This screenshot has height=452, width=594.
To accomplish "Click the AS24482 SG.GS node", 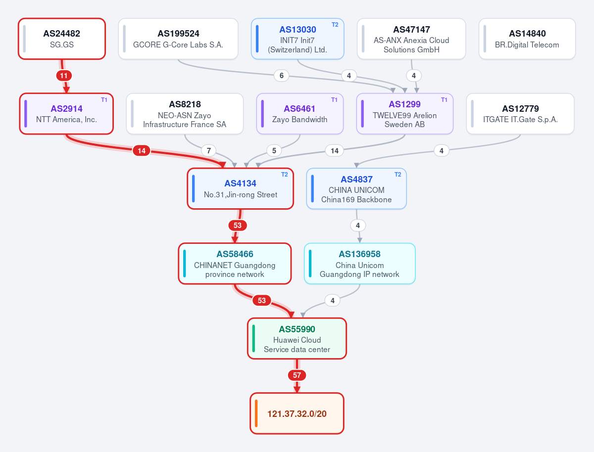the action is [x=62, y=39].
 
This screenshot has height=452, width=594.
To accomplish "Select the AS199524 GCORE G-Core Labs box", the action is [x=178, y=39].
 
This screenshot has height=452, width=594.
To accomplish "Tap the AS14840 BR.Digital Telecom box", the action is [x=527, y=39].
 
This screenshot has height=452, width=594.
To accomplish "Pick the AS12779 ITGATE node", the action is [x=520, y=114].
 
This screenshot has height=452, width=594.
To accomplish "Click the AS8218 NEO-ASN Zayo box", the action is [x=185, y=114].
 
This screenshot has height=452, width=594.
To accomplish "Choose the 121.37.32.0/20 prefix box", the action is [x=297, y=413].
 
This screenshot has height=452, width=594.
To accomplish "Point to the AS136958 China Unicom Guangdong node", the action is [x=359, y=264].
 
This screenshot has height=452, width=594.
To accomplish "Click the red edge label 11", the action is [x=64, y=76].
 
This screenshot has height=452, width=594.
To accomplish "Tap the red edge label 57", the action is [x=297, y=375].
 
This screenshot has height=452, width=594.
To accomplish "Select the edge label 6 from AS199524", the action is [x=282, y=76].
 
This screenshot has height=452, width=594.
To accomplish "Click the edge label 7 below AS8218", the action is [x=209, y=150].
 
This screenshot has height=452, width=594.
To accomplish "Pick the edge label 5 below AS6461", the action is [x=274, y=150].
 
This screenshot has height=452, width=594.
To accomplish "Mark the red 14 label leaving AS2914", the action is [x=142, y=150].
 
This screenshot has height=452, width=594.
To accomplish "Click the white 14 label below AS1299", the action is [x=335, y=150].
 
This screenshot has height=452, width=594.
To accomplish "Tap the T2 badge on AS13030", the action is [x=335, y=25].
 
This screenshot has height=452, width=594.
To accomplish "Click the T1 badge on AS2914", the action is [x=104, y=100].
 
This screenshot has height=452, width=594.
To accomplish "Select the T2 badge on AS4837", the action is [x=398, y=175].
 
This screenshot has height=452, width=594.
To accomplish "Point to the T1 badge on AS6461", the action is [x=334, y=100].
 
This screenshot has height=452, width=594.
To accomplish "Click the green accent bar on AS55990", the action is [x=253, y=338].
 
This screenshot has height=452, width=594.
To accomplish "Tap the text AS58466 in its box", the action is [x=235, y=254].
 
